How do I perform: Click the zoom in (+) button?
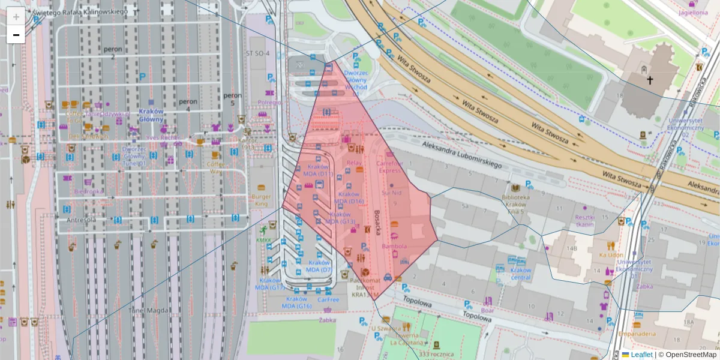pos(16,17)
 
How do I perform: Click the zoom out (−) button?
pos(16,35)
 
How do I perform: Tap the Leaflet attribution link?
pos(641,355)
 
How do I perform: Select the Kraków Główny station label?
pos(151,115)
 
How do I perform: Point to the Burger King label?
pos(261,200)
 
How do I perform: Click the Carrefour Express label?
pos(388,166)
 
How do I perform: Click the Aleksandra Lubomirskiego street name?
pos(461,154)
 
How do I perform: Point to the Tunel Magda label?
pos(148,310)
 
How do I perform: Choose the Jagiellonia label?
pos(692,12)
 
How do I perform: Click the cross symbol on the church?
pos(649,80)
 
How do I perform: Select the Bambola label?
pos(394,246)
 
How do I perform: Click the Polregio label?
pos(269,103)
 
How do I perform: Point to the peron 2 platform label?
pos(112,53)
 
